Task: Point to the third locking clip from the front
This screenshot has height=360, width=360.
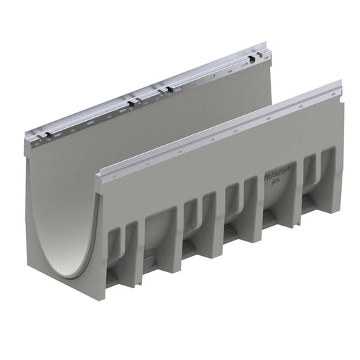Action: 165,90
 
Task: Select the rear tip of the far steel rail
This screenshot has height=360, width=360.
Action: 266,46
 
